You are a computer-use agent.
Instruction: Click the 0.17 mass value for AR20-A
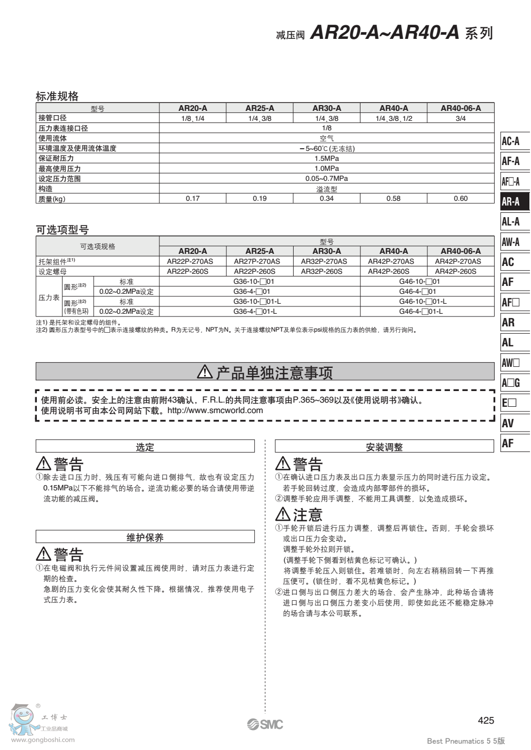(193, 199)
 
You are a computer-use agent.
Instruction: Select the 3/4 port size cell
(460, 119)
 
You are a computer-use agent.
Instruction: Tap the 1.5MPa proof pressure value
(326, 159)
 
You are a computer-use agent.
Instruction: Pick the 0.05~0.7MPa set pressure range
(326, 179)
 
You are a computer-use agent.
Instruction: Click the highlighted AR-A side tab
(514, 201)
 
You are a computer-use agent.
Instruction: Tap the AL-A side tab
(514, 222)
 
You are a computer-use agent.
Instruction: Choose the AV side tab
(514, 423)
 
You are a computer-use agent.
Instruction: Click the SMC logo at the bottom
(265, 724)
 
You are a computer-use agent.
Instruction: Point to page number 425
(486, 721)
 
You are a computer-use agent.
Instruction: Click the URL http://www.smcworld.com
(215, 410)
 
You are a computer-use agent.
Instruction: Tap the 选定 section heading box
(145, 447)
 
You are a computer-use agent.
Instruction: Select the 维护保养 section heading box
(145, 537)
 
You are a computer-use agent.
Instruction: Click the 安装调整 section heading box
(384, 447)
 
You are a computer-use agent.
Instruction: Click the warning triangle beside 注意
(283, 514)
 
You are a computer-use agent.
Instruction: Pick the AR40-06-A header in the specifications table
(460, 108)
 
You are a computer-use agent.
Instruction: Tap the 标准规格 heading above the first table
(57, 96)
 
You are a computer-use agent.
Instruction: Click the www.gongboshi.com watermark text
(43, 740)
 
